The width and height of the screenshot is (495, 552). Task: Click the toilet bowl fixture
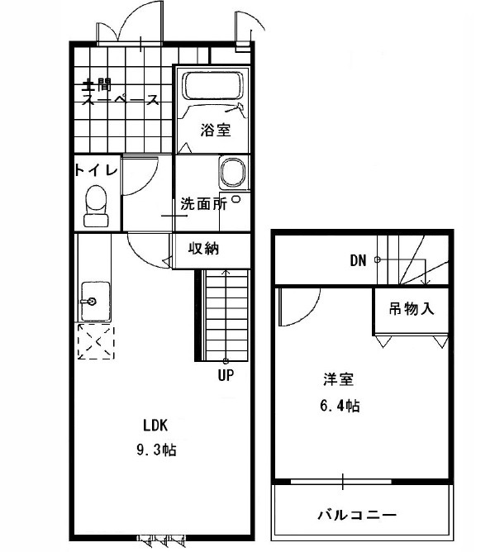(x=96, y=206)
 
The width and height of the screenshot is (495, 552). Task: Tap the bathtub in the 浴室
(x=212, y=86)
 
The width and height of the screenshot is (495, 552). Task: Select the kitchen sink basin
(x=95, y=301)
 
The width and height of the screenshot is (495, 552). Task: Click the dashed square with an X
(x=96, y=341)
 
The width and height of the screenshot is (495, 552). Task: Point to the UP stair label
(x=226, y=375)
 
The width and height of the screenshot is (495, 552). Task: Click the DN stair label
(x=358, y=260)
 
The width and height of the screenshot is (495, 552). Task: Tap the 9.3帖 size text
(x=156, y=450)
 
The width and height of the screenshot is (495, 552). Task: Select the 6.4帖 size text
(x=340, y=406)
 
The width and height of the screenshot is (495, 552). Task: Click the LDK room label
(x=155, y=426)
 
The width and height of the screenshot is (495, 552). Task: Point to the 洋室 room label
(x=338, y=379)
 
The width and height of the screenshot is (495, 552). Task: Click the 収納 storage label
(x=203, y=249)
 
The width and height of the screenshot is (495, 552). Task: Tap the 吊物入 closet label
(x=412, y=309)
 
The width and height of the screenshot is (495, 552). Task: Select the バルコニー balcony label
(x=357, y=516)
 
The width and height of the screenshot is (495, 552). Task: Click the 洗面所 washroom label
(x=203, y=203)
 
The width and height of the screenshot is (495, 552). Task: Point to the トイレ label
(x=96, y=170)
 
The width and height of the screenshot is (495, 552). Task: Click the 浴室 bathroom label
(x=216, y=130)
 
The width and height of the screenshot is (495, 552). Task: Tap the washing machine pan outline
(x=232, y=173)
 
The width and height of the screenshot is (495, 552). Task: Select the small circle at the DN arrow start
(x=377, y=259)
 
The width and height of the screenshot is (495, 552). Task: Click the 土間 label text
(x=96, y=85)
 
